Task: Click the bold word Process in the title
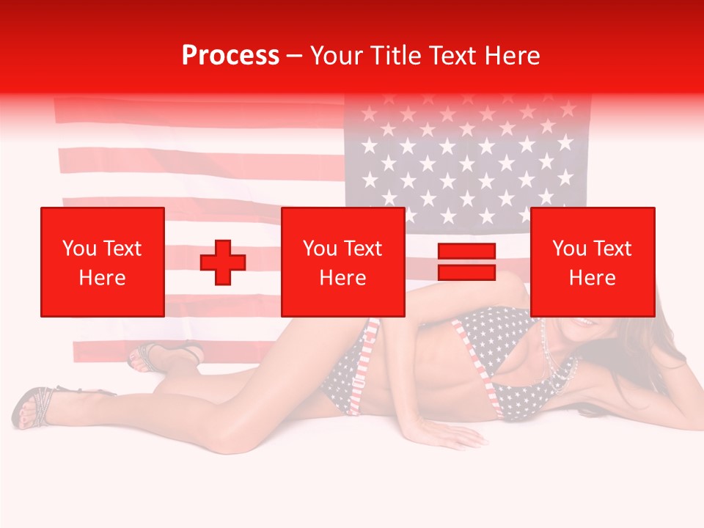230,56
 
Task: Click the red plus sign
223,263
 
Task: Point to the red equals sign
466,262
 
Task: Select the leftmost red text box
102,262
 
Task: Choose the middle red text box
342,262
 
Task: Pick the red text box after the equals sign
592,262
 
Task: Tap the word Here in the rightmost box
592,278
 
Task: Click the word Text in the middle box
363,249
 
